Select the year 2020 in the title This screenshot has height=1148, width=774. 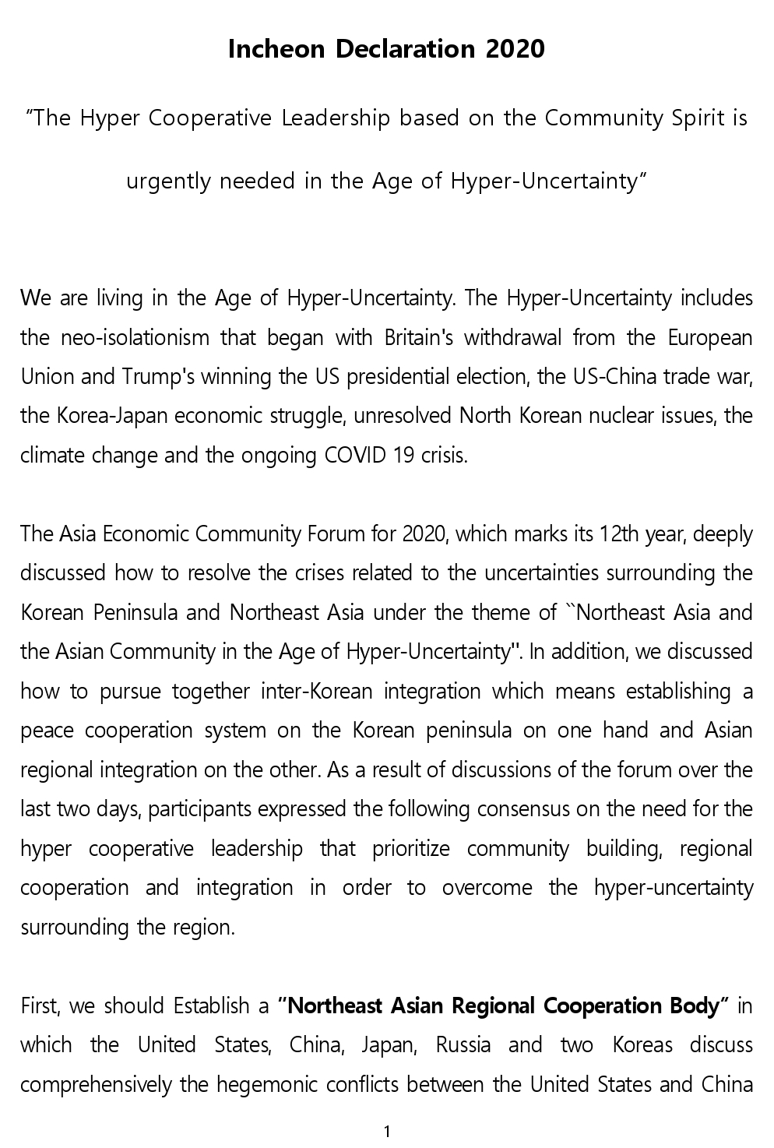[x=515, y=49]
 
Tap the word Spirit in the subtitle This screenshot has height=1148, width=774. [x=699, y=118]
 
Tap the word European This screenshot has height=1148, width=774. [x=710, y=338]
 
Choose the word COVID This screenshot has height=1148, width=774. [x=356, y=456]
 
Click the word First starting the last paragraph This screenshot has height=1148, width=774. [x=38, y=1006]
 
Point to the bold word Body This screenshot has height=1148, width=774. [x=693, y=1006]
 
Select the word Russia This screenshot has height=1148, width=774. [x=463, y=1045]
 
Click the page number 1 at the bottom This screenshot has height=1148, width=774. [x=387, y=1132]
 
